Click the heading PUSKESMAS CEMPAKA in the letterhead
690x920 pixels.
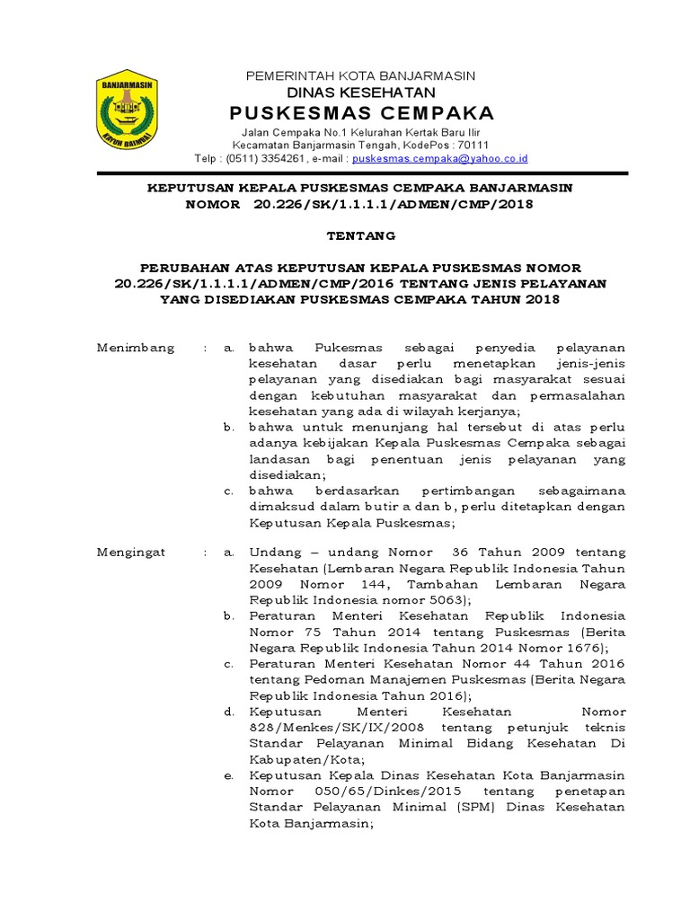coord(360,113)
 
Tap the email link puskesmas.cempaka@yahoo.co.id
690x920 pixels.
coord(439,158)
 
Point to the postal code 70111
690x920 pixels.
coord(473,145)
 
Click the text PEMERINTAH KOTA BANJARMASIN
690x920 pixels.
coord(360,75)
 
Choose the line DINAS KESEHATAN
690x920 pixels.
coord(360,93)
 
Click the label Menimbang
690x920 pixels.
coord(136,348)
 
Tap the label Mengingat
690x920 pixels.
coord(131,552)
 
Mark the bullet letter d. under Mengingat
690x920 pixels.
coord(229,712)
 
